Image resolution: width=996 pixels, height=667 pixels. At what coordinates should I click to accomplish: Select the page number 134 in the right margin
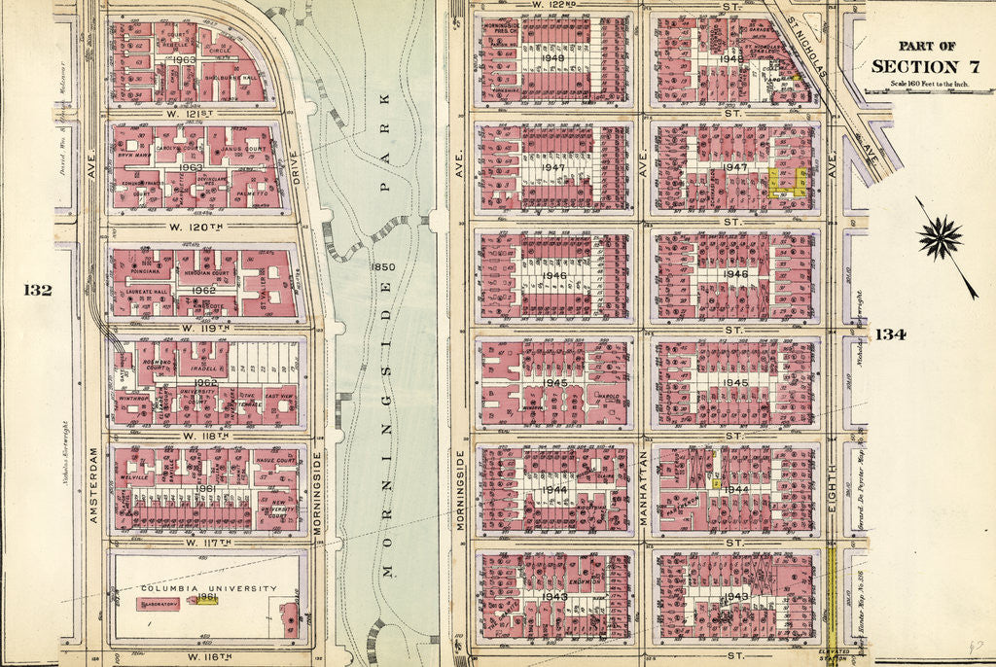coord(890,334)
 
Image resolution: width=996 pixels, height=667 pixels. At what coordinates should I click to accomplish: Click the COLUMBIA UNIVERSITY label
coord(209,588)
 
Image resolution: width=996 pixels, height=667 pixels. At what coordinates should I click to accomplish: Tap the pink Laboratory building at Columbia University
coord(160,604)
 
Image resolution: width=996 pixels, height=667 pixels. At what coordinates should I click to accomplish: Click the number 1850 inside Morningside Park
coord(382,265)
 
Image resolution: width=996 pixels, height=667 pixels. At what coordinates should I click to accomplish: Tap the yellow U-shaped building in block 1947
coord(788,182)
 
